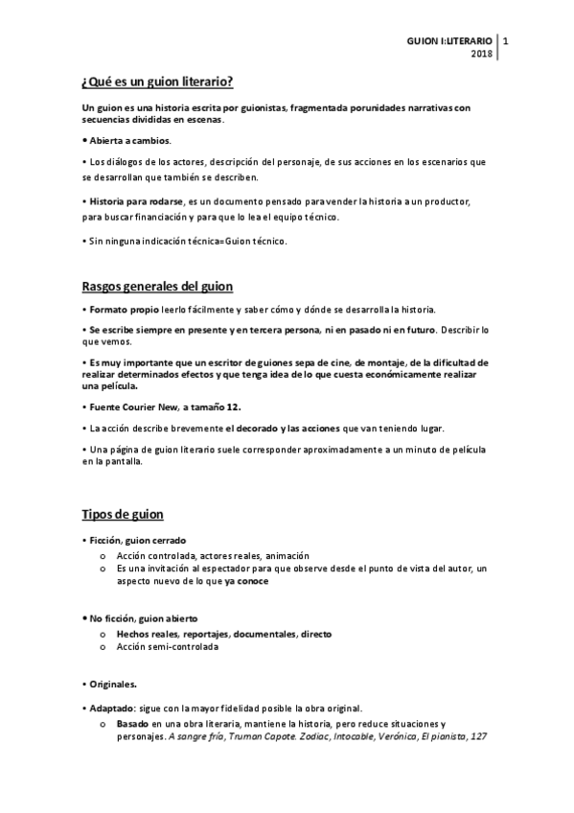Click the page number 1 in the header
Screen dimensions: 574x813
tap(506, 41)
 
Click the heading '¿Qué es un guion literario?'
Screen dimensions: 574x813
tap(158, 80)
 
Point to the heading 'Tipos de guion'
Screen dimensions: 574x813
tap(123, 515)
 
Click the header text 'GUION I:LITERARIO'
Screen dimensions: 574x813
tap(449, 41)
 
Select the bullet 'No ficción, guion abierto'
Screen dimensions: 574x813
tap(140, 620)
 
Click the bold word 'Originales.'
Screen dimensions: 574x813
tap(112, 684)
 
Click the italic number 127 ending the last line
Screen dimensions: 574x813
tap(466, 737)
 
